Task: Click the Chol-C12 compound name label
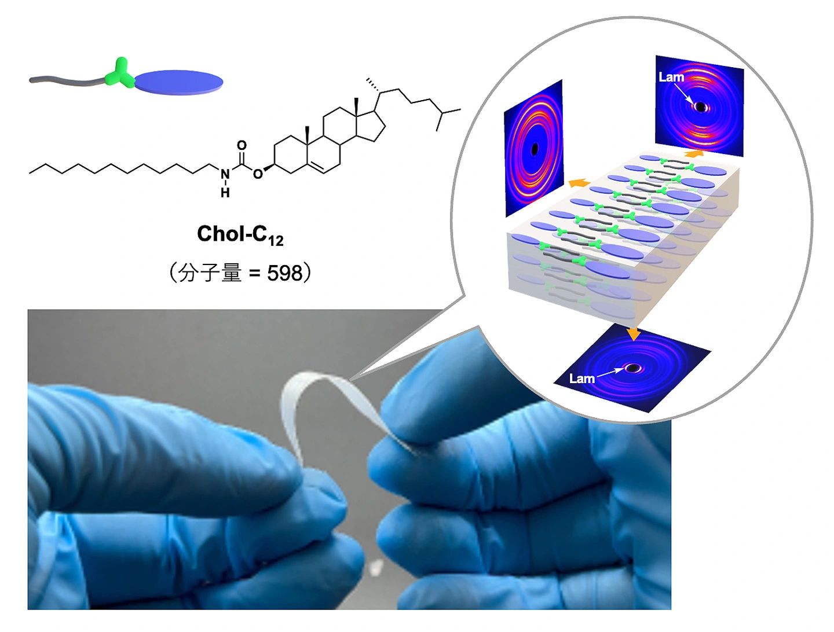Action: coord(240,235)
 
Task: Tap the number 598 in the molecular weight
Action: coord(284,273)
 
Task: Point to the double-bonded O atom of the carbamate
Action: coord(242,145)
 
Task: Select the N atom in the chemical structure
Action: coord(225,174)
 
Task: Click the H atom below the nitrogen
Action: coord(225,193)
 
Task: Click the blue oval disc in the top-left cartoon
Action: coord(178,82)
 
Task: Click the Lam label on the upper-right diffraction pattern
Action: coord(671,78)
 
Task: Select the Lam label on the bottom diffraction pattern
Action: coord(581,379)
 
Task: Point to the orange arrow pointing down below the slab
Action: coord(634,333)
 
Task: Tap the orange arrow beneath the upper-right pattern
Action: coord(694,153)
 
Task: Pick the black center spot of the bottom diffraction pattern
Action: coord(632,368)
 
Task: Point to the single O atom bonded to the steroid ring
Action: coord(258,174)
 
